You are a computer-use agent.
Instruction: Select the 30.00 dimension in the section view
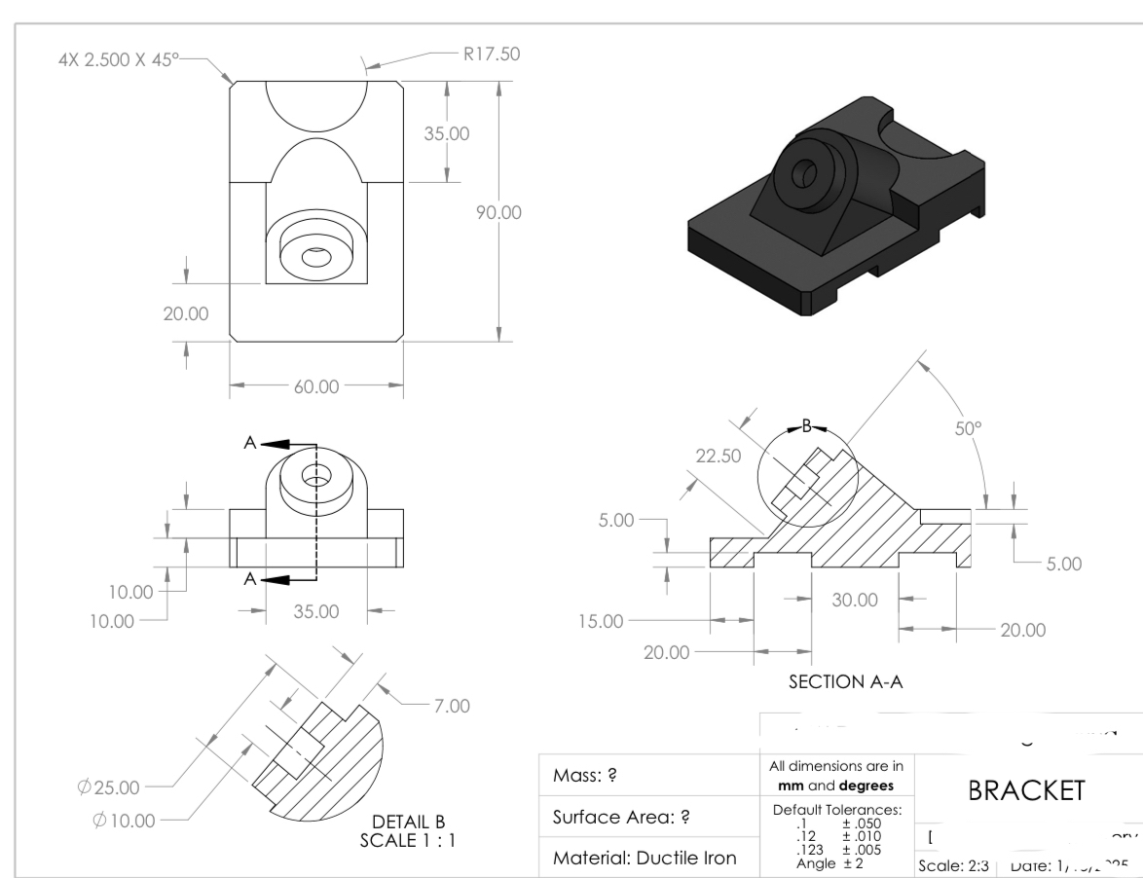pos(854,601)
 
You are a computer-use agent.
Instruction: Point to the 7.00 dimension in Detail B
pos(451,705)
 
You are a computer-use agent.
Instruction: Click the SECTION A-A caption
pos(845,682)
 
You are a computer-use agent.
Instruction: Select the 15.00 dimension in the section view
pos(601,620)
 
